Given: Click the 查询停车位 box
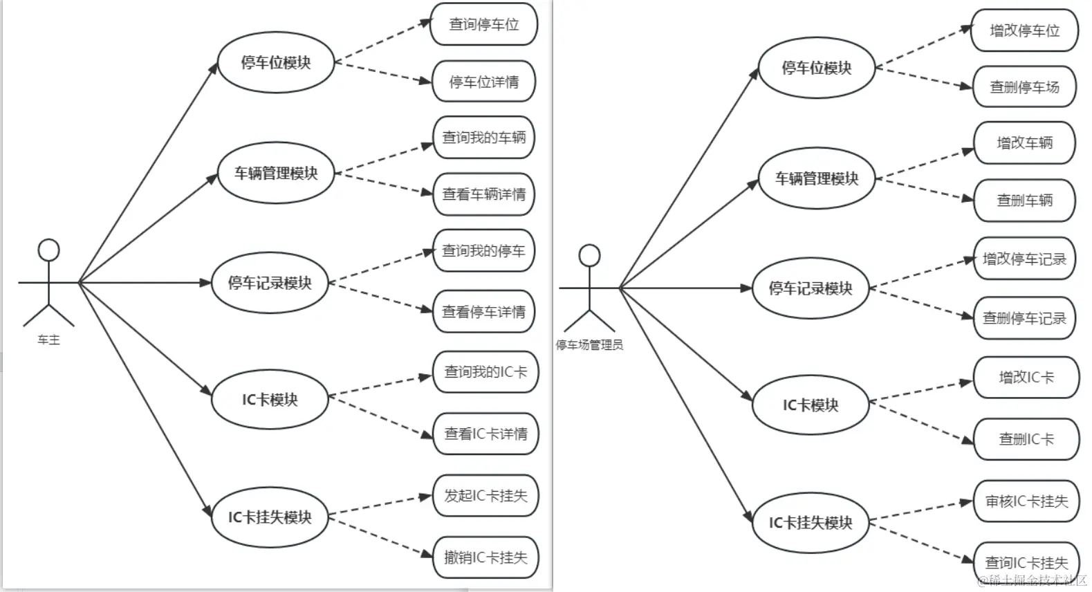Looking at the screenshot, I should pyautogui.click(x=483, y=25).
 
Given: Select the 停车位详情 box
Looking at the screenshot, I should pyautogui.click(x=483, y=82).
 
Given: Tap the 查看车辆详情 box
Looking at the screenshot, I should pyautogui.click(x=483, y=194).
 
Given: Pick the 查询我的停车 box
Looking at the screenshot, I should pyautogui.click(x=483, y=251).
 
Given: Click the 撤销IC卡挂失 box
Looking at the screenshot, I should pyautogui.click(x=485, y=557).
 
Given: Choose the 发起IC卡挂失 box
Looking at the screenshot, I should pyautogui.click(x=485, y=496).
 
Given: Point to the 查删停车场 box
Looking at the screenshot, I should pyautogui.click(x=1024, y=87).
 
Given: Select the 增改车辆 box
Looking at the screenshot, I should pyautogui.click(x=1024, y=143).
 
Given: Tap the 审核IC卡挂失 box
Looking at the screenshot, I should pyautogui.click(x=1026, y=501).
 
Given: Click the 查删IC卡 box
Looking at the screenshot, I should pyautogui.click(x=1026, y=439).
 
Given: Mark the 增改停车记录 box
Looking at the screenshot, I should pyautogui.click(x=1024, y=259).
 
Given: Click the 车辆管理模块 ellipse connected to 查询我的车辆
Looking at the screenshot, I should pyautogui.click(x=276, y=173).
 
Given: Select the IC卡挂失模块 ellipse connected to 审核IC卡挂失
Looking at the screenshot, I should pyautogui.click(x=811, y=523).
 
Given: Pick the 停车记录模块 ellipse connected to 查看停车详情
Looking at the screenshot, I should pyautogui.click(x=270, y=283).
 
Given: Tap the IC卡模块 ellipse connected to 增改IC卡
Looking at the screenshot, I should pyautogui.click(x=811, y=405).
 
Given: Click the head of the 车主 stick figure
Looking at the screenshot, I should pyautogui.click(x=48, y=250).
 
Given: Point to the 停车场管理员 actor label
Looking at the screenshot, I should pyautogui.click(x=589, y=345).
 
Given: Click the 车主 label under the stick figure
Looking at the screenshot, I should pyautogui.click(x=48, y=340).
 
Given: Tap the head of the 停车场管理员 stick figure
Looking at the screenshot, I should pyautogui.click(x=589, y=255).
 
